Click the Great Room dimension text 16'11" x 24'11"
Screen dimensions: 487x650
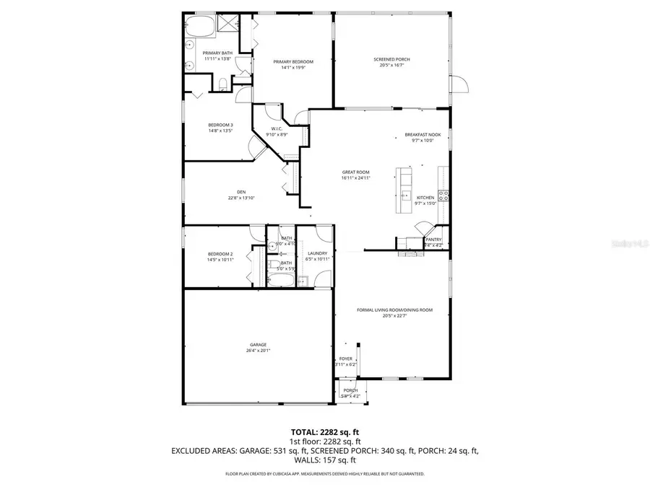356,177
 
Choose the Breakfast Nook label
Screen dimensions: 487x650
422,135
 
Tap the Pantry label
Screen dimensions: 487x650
433,240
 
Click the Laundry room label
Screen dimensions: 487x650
318,253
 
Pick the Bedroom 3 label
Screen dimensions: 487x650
220,125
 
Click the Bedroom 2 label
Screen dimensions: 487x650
220,254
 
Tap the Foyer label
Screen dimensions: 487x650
346,359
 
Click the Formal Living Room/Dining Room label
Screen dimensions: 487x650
394,310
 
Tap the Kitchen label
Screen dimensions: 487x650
425,198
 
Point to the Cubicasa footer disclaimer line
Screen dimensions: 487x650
324,474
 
